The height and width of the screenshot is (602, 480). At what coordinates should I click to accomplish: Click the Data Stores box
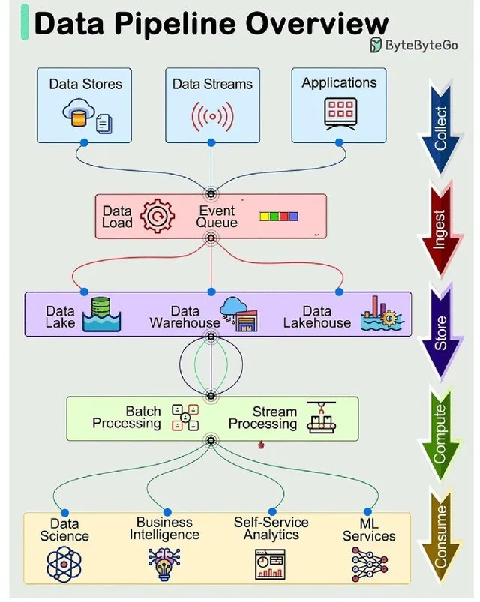point(85,104)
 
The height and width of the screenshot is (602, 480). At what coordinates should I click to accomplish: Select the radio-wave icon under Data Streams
point(211,116)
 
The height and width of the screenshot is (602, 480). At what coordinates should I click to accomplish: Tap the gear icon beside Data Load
point(157,216)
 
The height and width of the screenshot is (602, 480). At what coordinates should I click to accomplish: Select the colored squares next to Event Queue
point(278,217)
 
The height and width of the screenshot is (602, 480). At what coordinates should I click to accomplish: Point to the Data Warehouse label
point(184,317)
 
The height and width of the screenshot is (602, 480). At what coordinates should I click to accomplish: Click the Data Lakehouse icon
point(380,314)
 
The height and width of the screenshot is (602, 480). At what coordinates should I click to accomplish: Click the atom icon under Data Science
point(63,564)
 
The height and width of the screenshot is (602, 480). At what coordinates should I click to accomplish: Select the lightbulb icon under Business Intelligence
point(164,564)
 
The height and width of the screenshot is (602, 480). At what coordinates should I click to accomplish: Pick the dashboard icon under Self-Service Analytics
point(270,564)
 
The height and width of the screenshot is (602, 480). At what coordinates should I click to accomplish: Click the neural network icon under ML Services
point(369,564)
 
